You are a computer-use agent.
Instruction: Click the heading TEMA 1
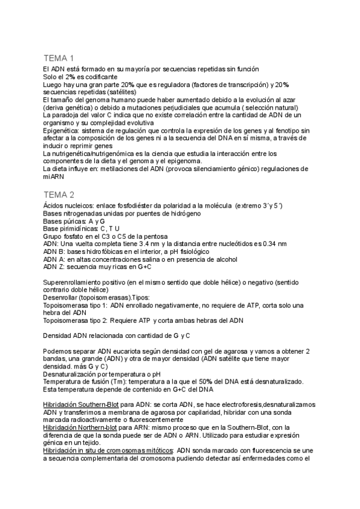coord(58,58)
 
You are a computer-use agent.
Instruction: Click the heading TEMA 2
coord(58,194)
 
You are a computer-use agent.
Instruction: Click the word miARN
coord(54,176)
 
